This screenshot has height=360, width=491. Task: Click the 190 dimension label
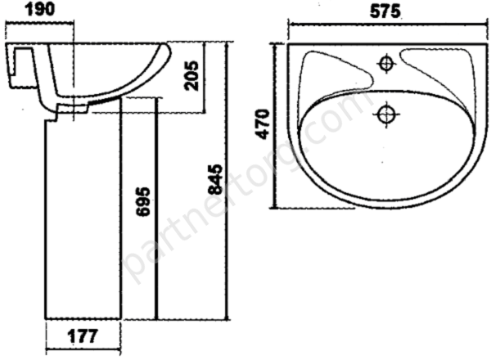point(39,9)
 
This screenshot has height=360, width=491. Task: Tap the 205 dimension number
point(191,76)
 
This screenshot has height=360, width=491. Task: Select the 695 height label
point(142,202)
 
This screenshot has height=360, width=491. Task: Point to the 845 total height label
point(215,179)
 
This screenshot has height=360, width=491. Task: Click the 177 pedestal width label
point(83,336)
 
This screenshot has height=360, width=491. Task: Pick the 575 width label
point(385,11)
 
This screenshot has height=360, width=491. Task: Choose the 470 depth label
point(263,124)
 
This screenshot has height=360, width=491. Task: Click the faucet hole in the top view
point(386,64)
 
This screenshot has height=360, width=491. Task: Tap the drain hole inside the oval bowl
point(386,115)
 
